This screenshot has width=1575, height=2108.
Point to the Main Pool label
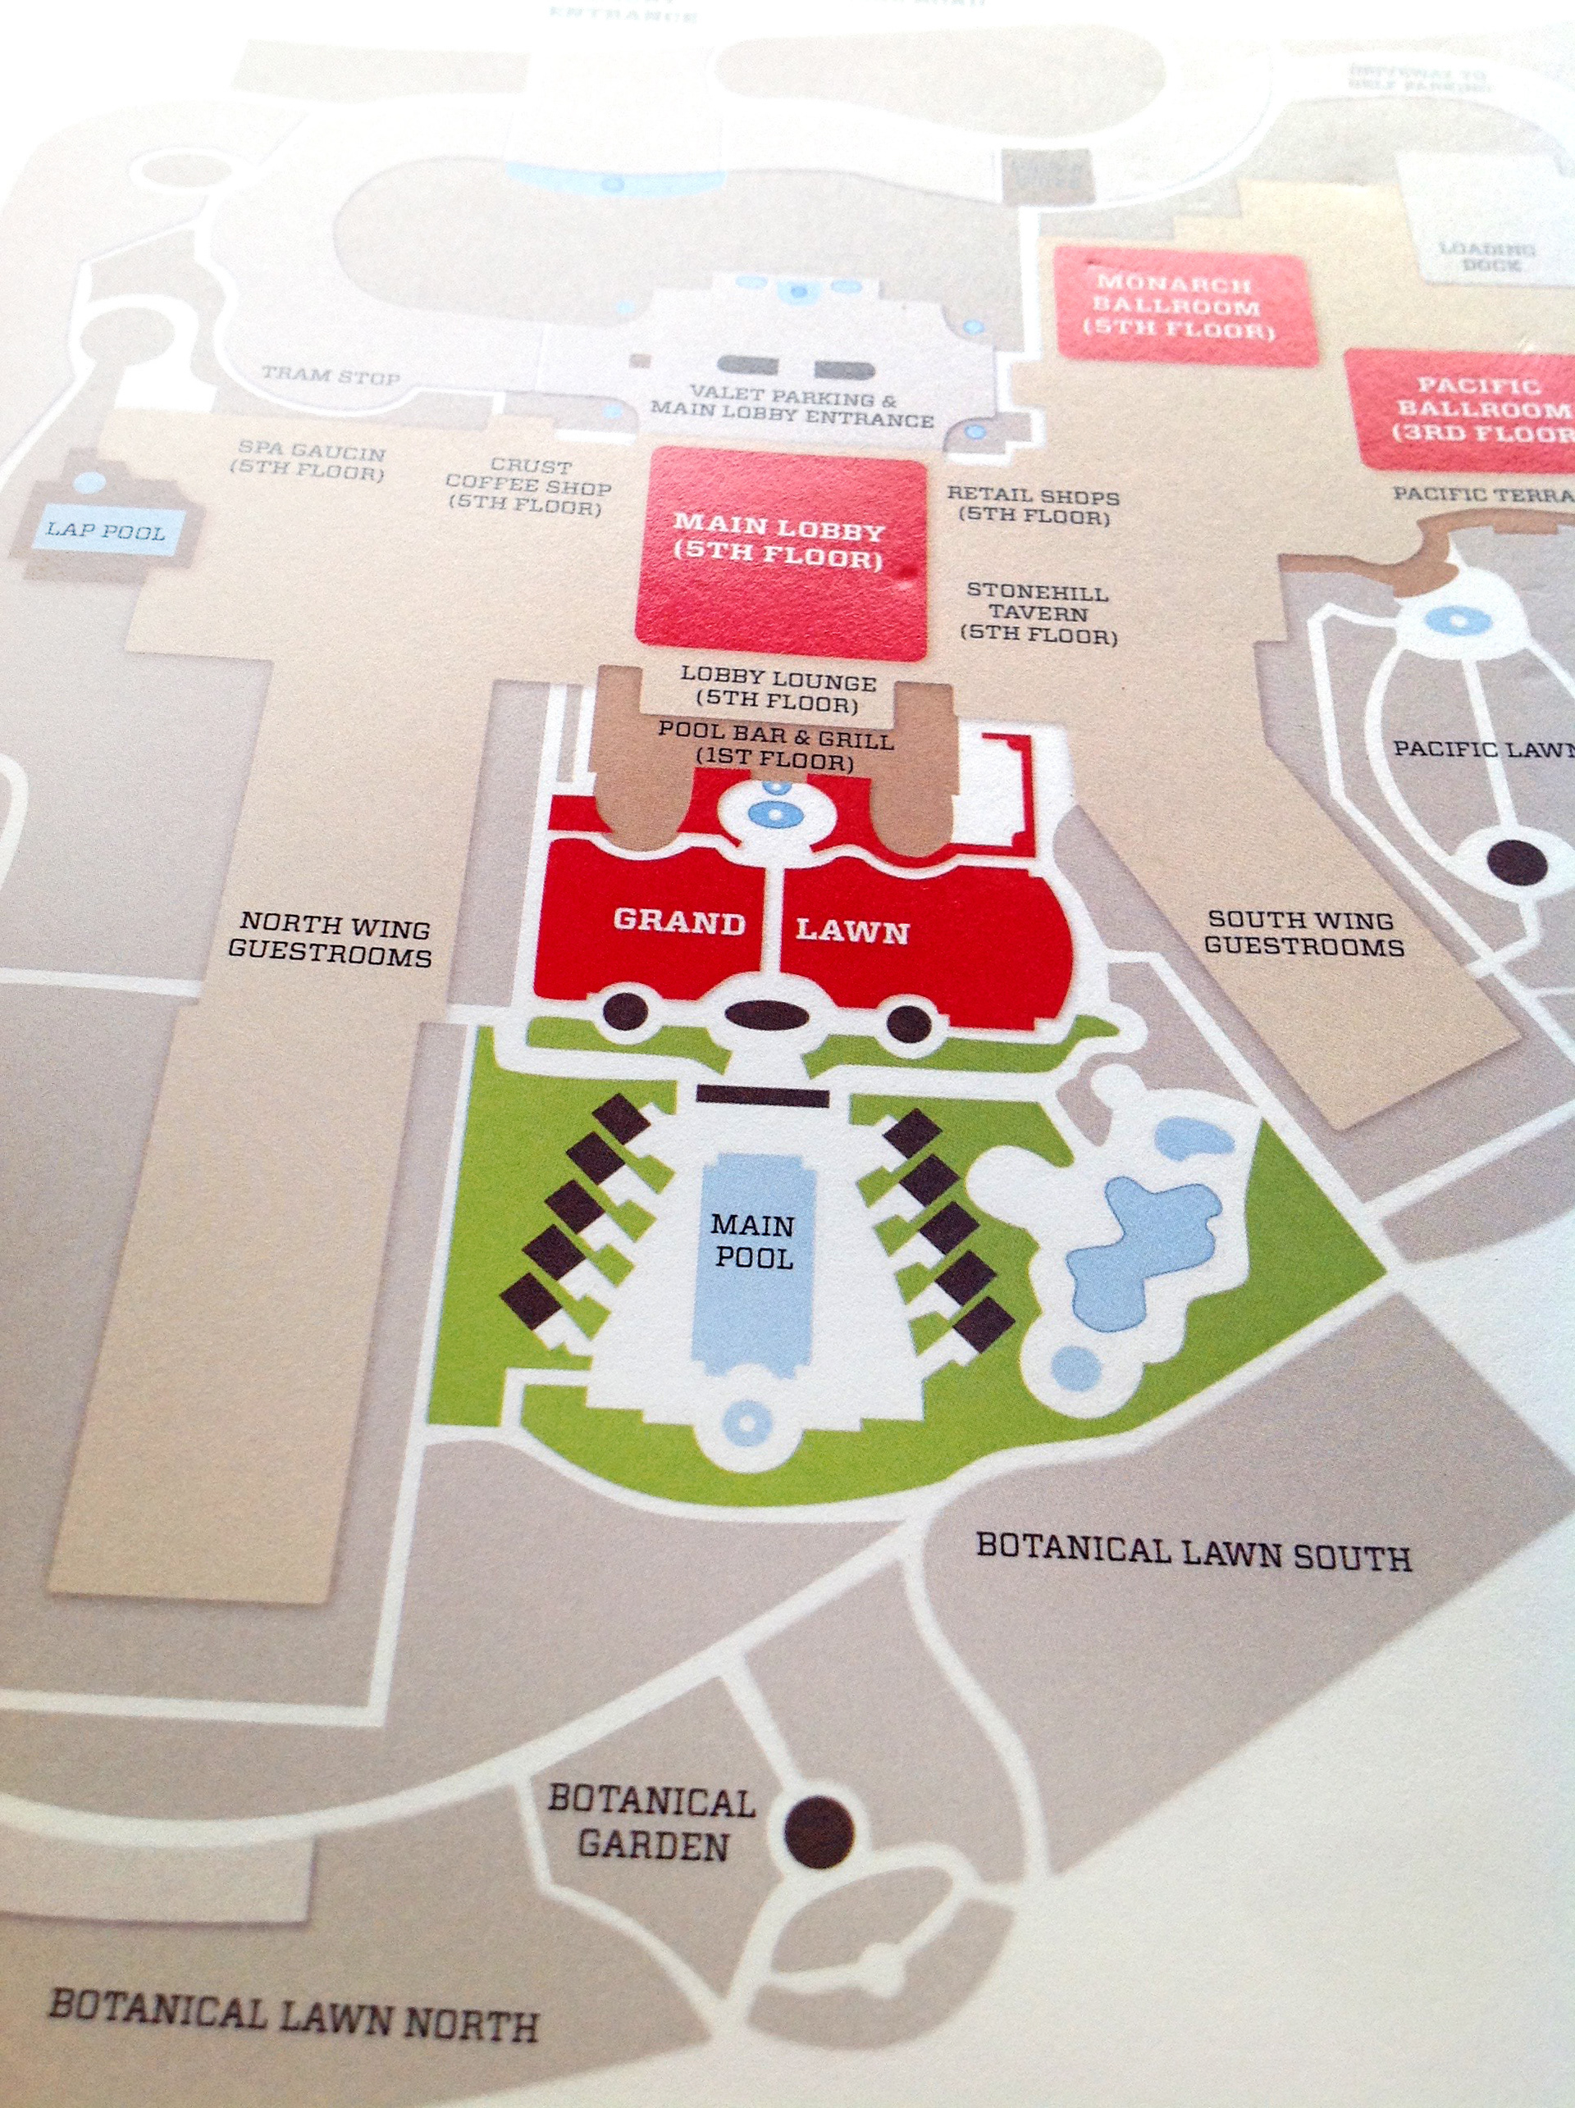point(754,1241)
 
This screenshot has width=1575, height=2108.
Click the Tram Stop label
point(331,376)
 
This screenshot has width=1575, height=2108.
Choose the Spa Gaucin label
point(311,462)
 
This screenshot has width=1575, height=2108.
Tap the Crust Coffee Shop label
point(529,486)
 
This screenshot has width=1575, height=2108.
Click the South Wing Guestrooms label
point(1303,933)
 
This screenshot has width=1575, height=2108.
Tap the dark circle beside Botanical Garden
point(819,1831)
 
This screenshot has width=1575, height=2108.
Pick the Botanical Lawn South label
point(1193,1552)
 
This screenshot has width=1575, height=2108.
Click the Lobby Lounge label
point(777,692)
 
